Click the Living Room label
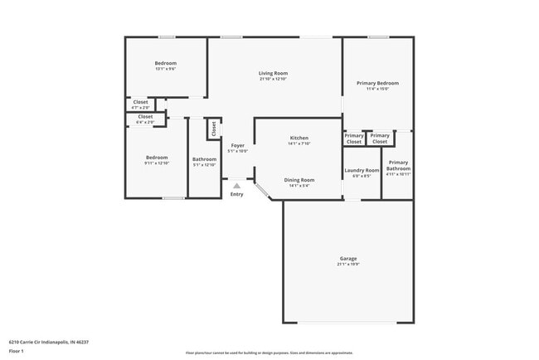point(273,73)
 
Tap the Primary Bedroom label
point(377,83)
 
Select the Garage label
point(347,258)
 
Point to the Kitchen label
point(299,138)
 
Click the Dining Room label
point(299,180)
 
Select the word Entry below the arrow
point(237,194)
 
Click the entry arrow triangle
point(237,186)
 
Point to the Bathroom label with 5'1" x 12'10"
point(204,159)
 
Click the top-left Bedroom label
point(166,64)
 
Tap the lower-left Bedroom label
point(157,158)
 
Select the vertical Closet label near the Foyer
point(214,129)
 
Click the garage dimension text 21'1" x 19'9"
point(347,265)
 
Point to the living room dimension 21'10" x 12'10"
point(273,79)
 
